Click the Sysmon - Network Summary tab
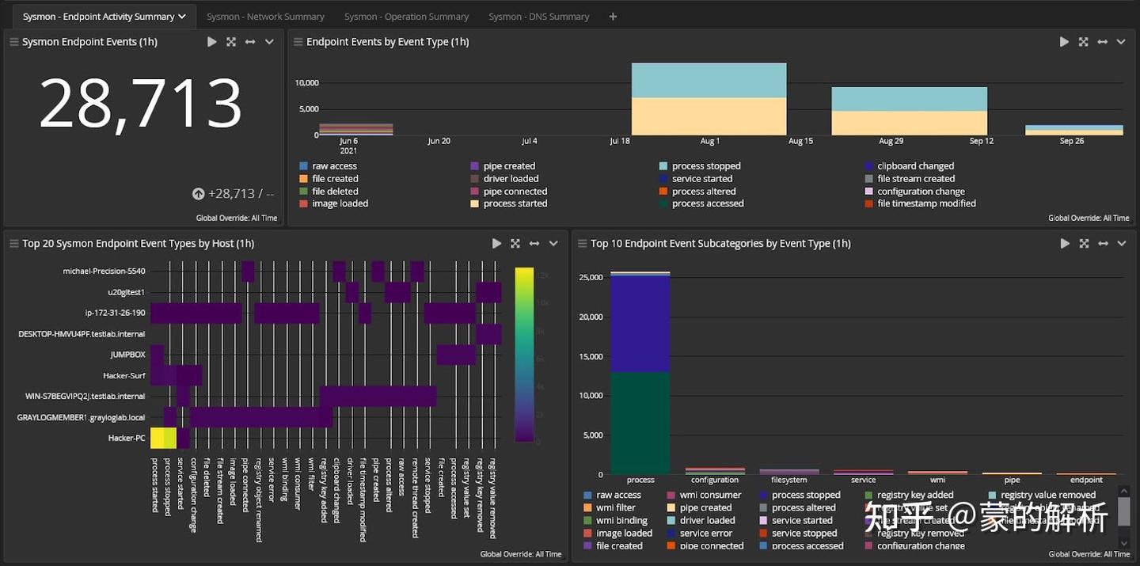point(265,17)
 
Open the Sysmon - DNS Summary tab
point(538,17)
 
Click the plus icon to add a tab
point(613,17)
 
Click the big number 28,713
point(141,104)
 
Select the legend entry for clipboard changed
point(914,166)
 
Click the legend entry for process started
point(515,203)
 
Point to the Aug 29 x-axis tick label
point(891,141)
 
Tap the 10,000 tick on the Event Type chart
point(306,83)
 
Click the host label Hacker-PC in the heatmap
point(127,438)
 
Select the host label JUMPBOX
point(127,355)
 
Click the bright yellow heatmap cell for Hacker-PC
point(163,438)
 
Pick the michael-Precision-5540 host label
point(104,272)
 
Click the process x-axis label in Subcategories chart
point(640,480)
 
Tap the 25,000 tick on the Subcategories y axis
point(591,278)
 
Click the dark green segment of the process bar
point(640,423)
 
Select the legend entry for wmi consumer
point(710,496)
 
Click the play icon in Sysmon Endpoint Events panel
point(212,42)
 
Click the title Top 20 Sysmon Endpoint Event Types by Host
point(138,244)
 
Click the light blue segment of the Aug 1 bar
point(709,80)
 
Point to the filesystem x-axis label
point(788,480)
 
